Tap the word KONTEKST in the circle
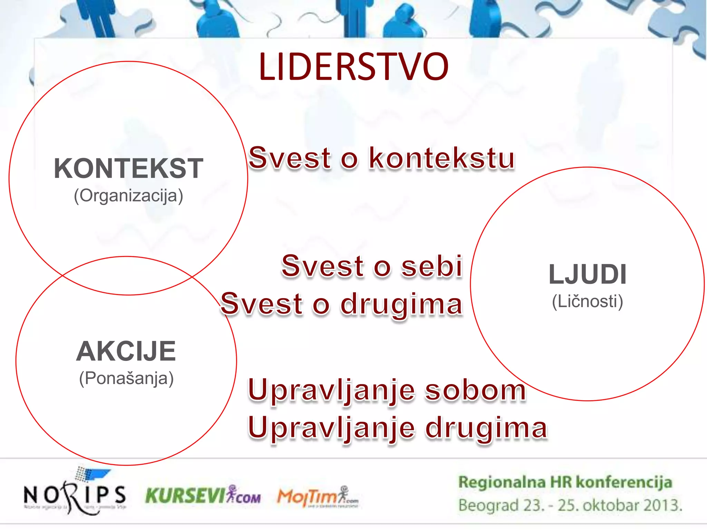pyautogui.click(x=128, y=168)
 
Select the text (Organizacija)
pyautogui.click(x=128, y=196)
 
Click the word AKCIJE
pyautogui.click(x=126, y=351)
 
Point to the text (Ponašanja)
pyautogui.click(x=126, y=379)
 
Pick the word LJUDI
pyautogui.click(x=588, y=275)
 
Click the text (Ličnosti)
pyautogui.click(x=588, y=302)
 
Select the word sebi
pyautogui.click(x=432, y=266)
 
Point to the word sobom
pyautogui.click(x=475, y=391)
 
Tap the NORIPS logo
pyautogui.click(x=75, y=494)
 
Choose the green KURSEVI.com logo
pyautogui.click(x=203, y=496)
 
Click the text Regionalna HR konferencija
pyautogui.click(x=565, y=482)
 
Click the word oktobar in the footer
pyautogui.click(x=609, y=505)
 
